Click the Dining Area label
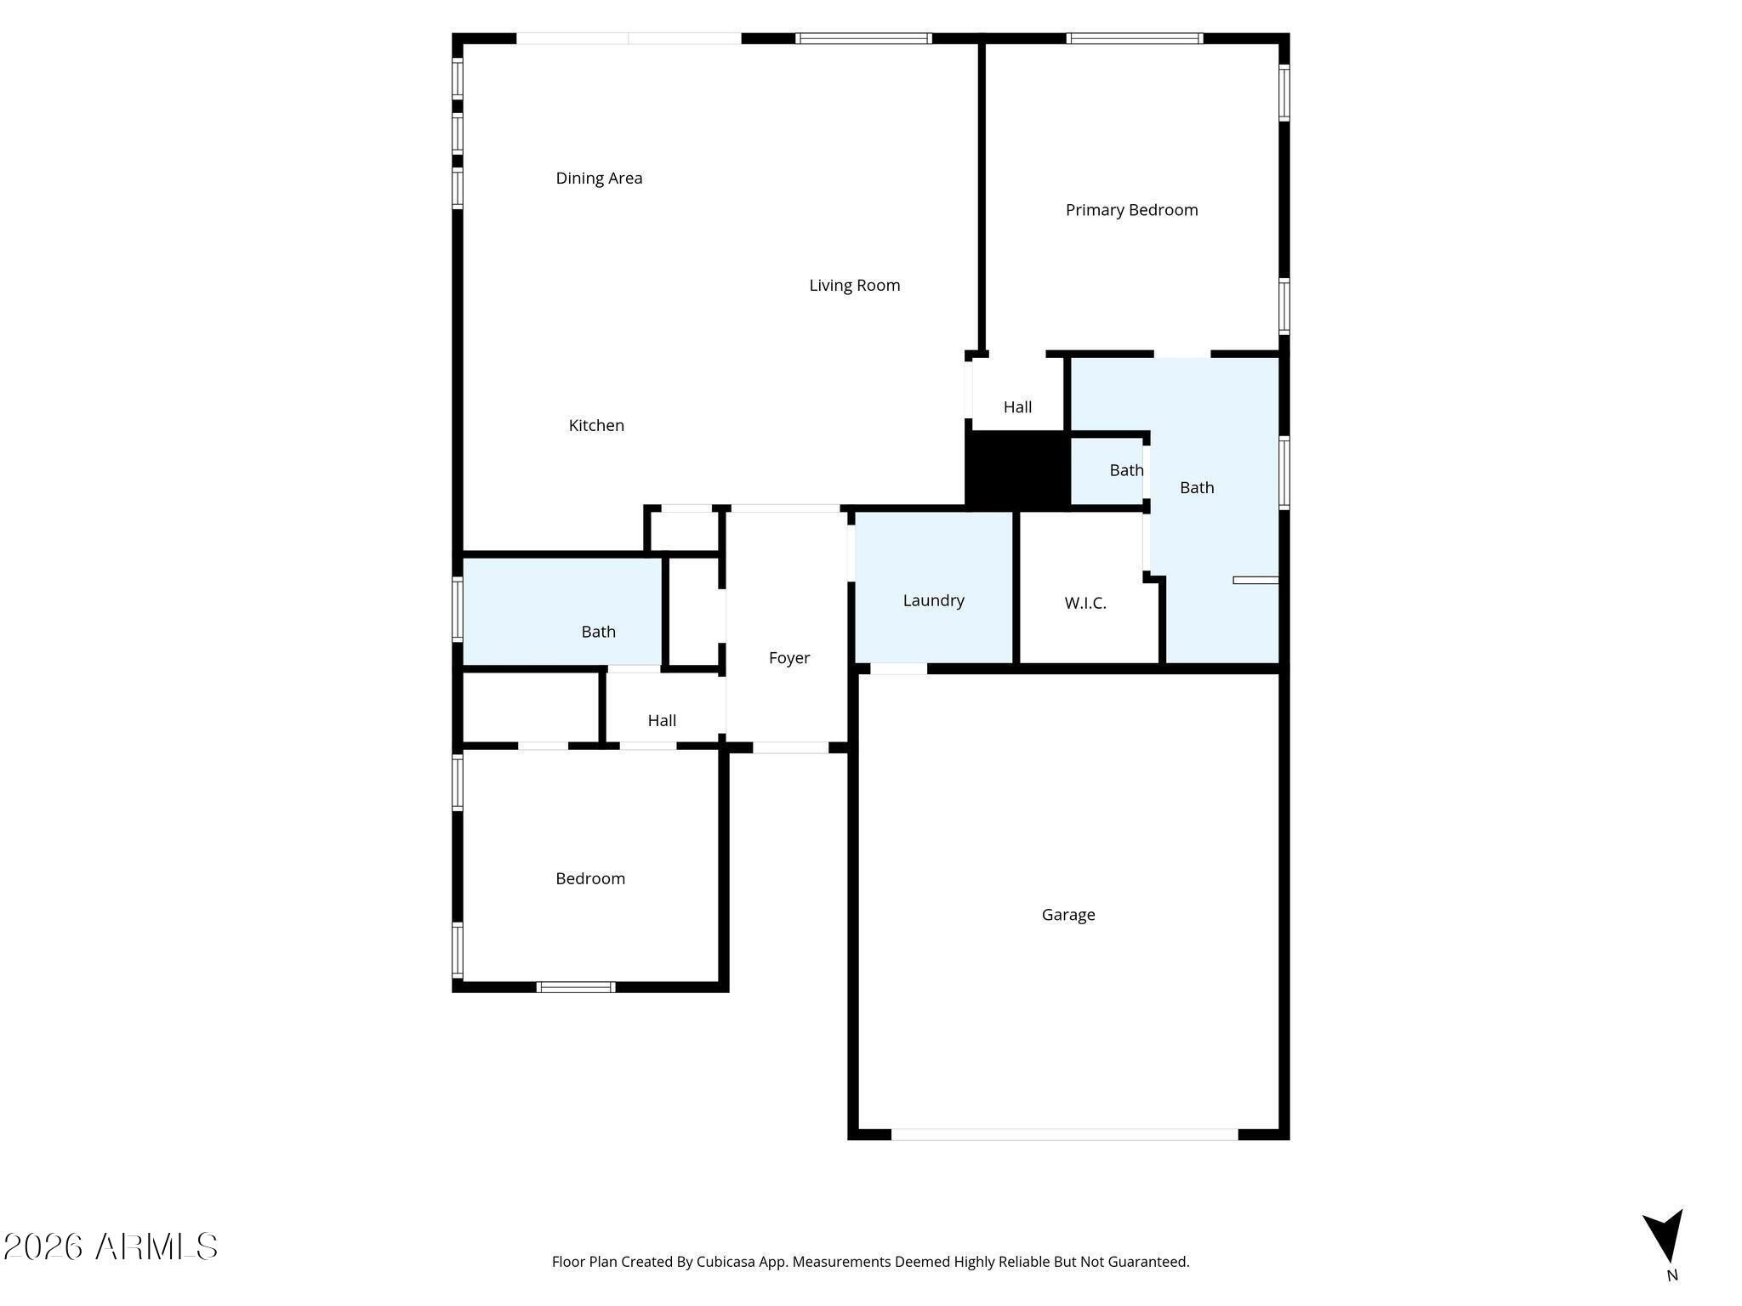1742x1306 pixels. pos(599,179)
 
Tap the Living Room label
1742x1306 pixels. pos(854,286)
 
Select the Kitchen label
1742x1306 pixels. pos(596,425)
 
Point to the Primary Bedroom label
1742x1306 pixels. pos(1131,210)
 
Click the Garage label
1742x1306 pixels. pos(1068,915)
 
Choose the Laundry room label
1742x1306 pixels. pos(933,600)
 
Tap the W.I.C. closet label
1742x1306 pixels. pos(1085,604)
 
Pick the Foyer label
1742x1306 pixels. pos(788,658)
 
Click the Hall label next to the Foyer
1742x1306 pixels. pos(662,721)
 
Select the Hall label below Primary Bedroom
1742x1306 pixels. pos(1017,407)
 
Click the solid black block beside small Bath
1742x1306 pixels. pos(1017,469)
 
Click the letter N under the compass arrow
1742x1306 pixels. pos(1672,1275)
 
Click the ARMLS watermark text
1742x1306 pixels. pos(111,1247)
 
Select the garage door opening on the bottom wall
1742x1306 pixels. pos(1064,1134)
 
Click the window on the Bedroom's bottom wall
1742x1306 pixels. pos(576,987)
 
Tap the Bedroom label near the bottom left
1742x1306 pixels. pos(590,879)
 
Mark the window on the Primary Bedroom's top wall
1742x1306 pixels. pos(1135,38)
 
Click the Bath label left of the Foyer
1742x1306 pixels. pos(598,632)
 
